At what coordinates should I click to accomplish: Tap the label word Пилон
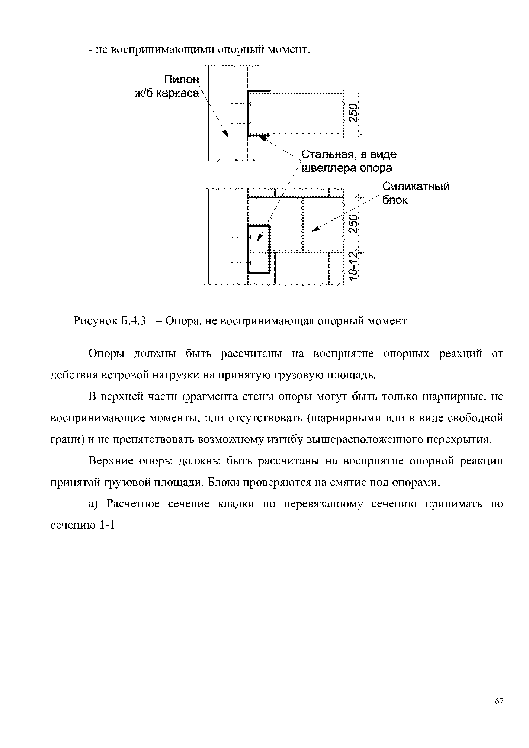[x=181, y=80]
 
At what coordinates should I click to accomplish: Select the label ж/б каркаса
[x=167, y=93]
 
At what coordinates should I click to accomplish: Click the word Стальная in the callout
[x=326, y=154]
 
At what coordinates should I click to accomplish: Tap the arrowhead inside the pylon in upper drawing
[x=225, y=133]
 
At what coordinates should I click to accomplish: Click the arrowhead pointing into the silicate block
[x=315, y=229]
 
